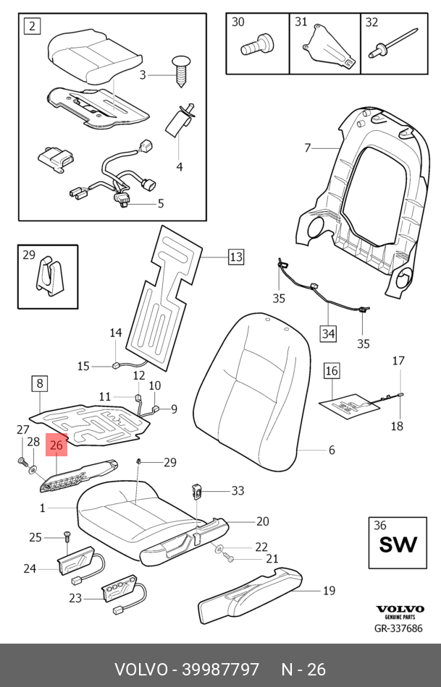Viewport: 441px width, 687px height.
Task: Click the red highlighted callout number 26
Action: pyautogui.click(x=56, y=445)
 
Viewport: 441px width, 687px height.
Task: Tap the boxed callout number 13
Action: pyautogui.click(x=236, y=257)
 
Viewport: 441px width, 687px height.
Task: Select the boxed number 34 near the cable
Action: pyautogui.click(x=329, y=333)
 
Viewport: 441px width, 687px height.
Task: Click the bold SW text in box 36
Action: pyautogui.click(x=398, y=544)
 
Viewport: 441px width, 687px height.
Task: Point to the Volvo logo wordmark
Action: pyautogui.click(x=398, y=609)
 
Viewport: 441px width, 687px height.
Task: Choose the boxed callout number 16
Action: pyautogui.click(x=331, y=372)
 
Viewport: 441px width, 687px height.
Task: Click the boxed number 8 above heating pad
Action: pyautogui.click(x=39, y=383)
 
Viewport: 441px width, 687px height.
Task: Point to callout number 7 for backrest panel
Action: pyautogui.click(x=307, y=148)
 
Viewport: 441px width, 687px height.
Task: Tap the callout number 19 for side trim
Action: pyautogui.click(x=329, y=591)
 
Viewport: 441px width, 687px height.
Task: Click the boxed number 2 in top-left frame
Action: pyautogui.click(x=32, y=27)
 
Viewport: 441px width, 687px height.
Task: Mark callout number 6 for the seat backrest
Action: pyautogui.click(x=332, y=451)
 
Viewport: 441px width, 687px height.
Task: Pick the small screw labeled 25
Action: pyautogui.click(x=65, y=536)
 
